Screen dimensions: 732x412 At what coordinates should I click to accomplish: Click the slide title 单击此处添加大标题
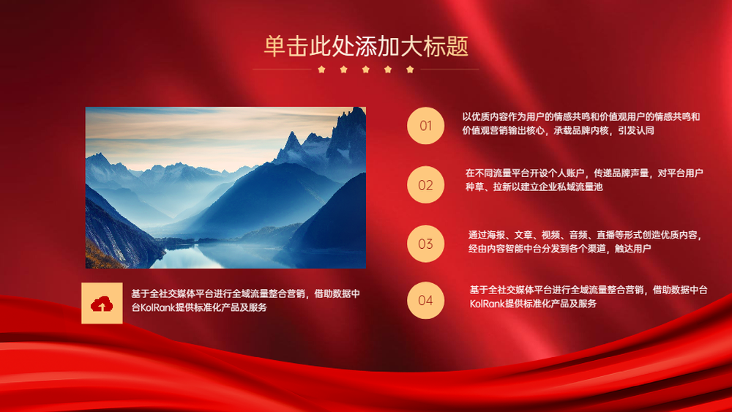366,46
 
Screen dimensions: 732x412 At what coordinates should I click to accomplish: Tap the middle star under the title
365,70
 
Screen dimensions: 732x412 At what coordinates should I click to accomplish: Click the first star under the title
321,70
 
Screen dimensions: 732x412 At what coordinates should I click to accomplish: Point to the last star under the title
410,70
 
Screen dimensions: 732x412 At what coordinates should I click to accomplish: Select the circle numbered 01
425,126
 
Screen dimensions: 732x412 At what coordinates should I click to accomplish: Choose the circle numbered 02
425,184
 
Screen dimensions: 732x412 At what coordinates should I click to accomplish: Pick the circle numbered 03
425,244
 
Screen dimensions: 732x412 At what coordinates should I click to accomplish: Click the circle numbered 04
425,301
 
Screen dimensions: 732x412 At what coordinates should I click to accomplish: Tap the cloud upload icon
102,304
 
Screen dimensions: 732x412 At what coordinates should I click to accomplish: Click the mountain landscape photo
225,187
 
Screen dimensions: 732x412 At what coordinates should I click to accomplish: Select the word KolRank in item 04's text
488,304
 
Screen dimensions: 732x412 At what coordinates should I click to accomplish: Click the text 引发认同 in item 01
636,131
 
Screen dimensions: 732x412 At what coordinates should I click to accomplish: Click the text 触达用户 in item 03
632,249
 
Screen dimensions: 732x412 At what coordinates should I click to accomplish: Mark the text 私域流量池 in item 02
580,187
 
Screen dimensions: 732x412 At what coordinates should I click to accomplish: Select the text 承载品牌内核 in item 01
581,131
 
